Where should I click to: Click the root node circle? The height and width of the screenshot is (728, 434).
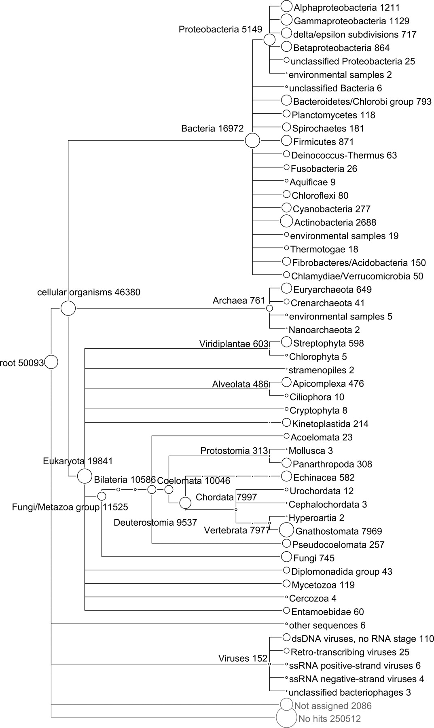coord(51,362)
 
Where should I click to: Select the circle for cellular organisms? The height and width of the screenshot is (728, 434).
coord(68,308)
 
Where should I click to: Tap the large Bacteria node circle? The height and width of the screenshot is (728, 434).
coord(252,141)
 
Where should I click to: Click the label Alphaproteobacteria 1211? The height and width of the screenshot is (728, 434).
coord(347,7)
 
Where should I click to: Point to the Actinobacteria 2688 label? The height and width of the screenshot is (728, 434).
coord(335,222)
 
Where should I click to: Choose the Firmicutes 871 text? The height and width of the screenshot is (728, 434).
coord(323,142)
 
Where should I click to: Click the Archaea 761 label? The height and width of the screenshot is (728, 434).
coord(239,301)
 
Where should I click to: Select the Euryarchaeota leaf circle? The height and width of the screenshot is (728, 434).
coord(286,288)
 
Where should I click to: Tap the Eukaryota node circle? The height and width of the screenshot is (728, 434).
coord(85,476)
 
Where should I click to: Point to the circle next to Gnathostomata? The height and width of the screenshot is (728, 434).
coord(286,529)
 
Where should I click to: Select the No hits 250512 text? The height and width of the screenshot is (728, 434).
coord(329,719)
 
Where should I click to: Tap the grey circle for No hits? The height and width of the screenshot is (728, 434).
coord(286,718)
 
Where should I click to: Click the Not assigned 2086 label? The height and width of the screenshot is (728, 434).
coord(332,706)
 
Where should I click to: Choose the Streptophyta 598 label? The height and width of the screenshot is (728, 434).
coord(328,343)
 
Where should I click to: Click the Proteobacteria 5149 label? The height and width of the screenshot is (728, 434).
coord(220,29)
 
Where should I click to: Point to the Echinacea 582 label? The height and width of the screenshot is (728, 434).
coord(324,478)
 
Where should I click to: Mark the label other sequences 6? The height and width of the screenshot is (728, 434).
coord(327,625)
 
